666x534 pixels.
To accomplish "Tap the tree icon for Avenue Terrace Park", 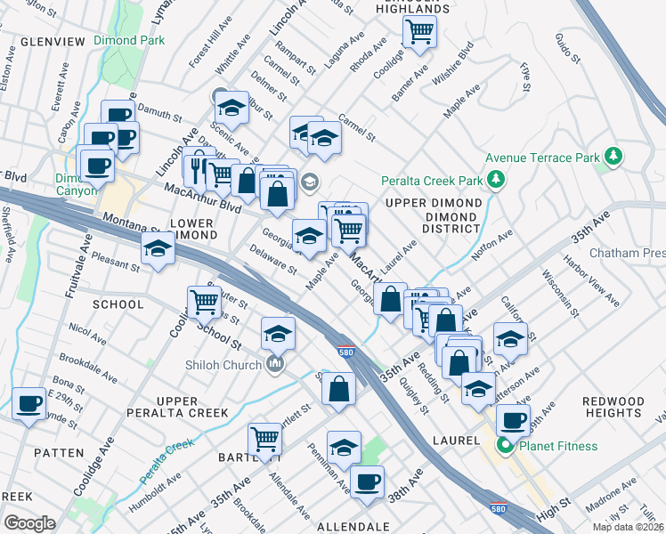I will point(612,157).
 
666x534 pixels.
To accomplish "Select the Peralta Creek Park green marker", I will point(497,182).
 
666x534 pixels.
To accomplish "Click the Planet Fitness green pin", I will point(506,446).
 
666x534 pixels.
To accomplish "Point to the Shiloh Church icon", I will point(276,364).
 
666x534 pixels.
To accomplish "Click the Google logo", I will point(28,522).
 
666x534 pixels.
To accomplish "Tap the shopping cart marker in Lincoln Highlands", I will point(418,32).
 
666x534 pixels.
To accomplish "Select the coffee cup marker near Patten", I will point(28,404).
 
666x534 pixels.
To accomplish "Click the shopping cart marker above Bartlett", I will point(265,439).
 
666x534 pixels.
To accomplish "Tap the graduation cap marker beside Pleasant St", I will point(158,250).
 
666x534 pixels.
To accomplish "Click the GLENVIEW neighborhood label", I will point(51,42).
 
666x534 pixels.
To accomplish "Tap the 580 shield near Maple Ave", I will point(346,351).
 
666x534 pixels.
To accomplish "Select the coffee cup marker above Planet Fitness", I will point(512,420).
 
